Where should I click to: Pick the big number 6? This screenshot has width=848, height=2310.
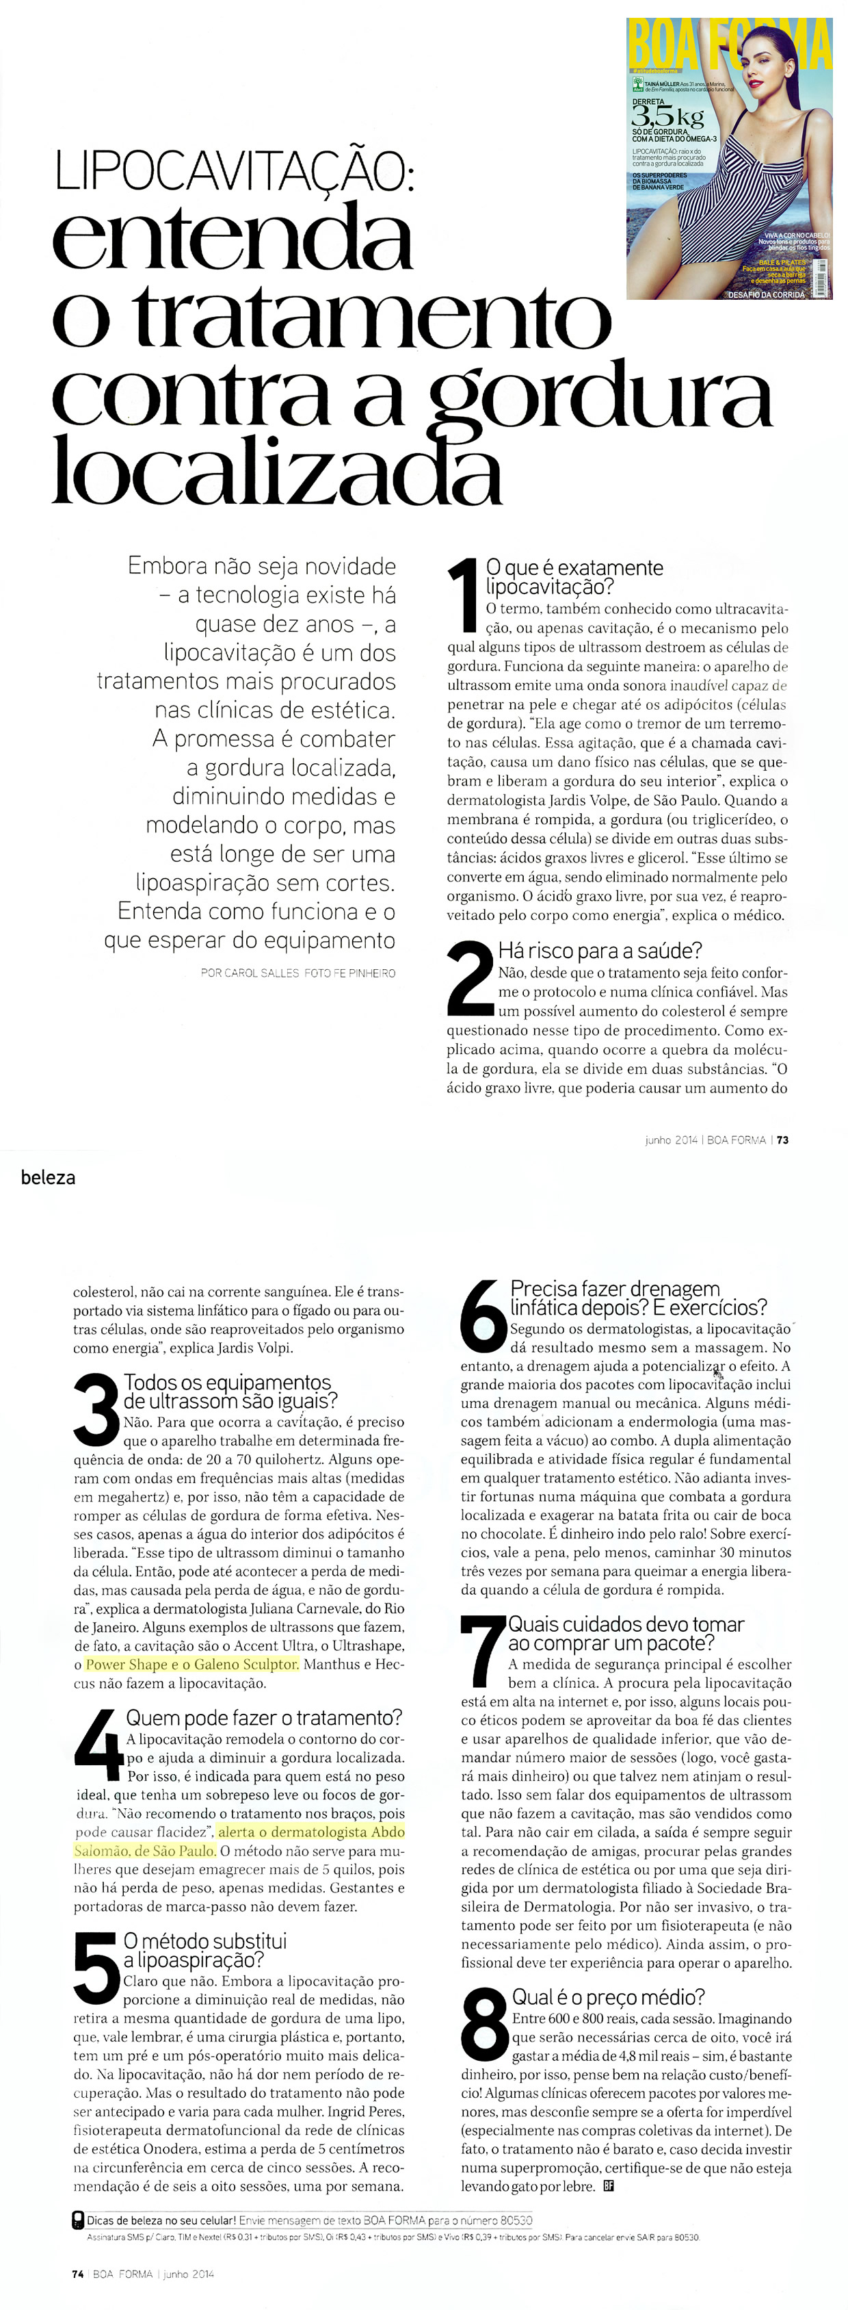[483, 1315]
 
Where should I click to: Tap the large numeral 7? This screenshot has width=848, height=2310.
[482, 1651]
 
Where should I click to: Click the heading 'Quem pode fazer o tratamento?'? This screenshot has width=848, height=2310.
[265, 1717]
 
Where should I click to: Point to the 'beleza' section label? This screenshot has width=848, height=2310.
[49, 1177]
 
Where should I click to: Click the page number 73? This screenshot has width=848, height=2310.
[782, 1140]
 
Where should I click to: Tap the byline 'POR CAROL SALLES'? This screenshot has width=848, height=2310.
[249, 973]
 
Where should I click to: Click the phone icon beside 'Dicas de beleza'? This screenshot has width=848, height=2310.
[78, 2220]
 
